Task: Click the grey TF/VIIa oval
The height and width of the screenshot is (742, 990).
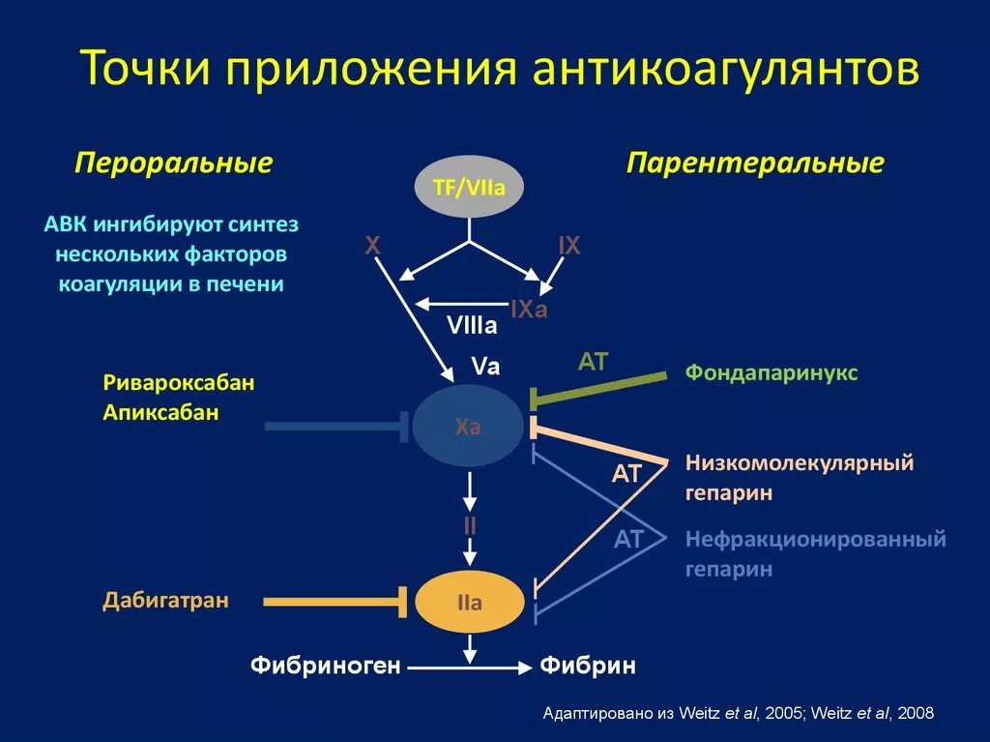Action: pos(469,187)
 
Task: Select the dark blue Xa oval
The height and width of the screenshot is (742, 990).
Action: pos(468,427)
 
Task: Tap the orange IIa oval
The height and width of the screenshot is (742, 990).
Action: pos(469,603)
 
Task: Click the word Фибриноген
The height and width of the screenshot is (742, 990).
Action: pos(325,666)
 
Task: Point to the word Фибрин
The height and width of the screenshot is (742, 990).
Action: pos(588,666)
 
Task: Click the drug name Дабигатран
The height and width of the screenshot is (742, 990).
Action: pos(166,601)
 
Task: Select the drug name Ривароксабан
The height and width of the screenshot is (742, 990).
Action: pos(179,382)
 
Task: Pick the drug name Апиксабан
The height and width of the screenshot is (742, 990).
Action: pos(160,412)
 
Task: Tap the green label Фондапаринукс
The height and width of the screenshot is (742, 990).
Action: pos(772,372)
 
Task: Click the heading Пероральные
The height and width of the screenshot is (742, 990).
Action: pos(173,163)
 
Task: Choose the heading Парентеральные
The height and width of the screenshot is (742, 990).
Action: pos(755,163)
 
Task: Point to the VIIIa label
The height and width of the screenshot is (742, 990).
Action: pos(472,326)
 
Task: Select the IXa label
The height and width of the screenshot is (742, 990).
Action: pos(529,311)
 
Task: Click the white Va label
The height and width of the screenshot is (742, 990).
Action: pos(485,366)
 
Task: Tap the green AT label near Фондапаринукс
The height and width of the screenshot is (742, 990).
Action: pos(593,362)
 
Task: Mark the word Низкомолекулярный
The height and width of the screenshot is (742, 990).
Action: pos(800,462)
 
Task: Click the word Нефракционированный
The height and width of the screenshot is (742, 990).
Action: pos(816,539)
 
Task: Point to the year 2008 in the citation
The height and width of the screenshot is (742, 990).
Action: pos(915,714)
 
